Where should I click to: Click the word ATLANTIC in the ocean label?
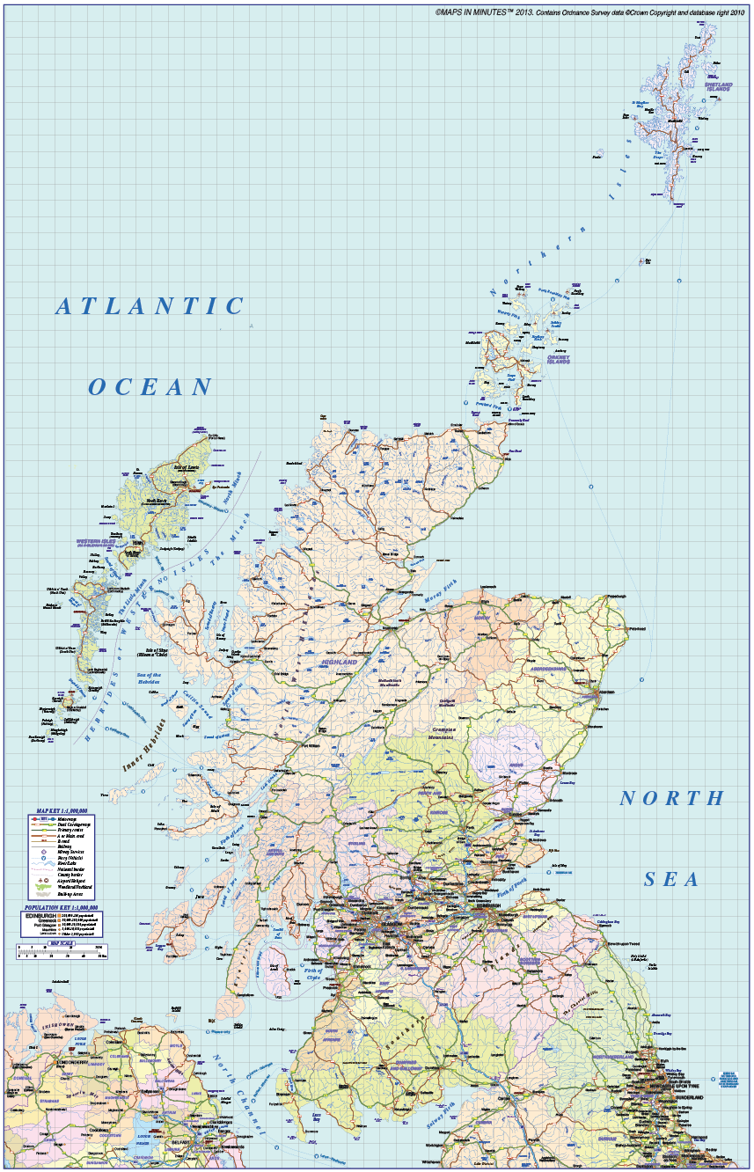click(150, 306)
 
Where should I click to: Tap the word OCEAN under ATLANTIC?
click(151, 386)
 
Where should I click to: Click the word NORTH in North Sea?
click(672, 799)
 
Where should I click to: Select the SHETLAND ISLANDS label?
click(718, 86)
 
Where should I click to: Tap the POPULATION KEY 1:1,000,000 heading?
click(61, 907)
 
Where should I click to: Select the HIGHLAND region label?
click(339, 661)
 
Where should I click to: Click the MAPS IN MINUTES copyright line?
click(589, 12)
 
